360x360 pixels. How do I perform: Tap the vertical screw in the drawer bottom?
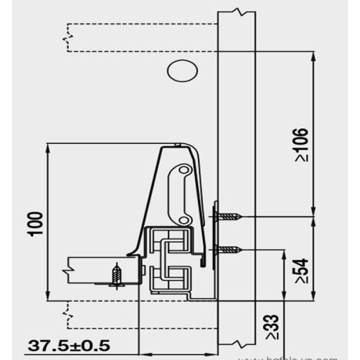[118, 275]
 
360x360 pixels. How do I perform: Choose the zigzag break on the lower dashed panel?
[68, 311]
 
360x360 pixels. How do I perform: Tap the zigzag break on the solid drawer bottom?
[68, 271]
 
